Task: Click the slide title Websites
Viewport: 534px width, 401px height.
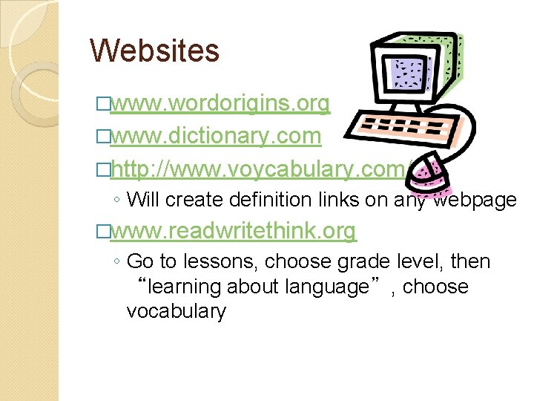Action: [154, 50]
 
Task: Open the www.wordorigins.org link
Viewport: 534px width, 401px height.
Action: [220, 105]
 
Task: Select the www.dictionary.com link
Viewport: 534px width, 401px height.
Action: [215, 137]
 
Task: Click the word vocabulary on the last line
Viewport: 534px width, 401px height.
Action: [176, 311]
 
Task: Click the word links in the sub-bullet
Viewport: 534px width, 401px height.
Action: [360, 199]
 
